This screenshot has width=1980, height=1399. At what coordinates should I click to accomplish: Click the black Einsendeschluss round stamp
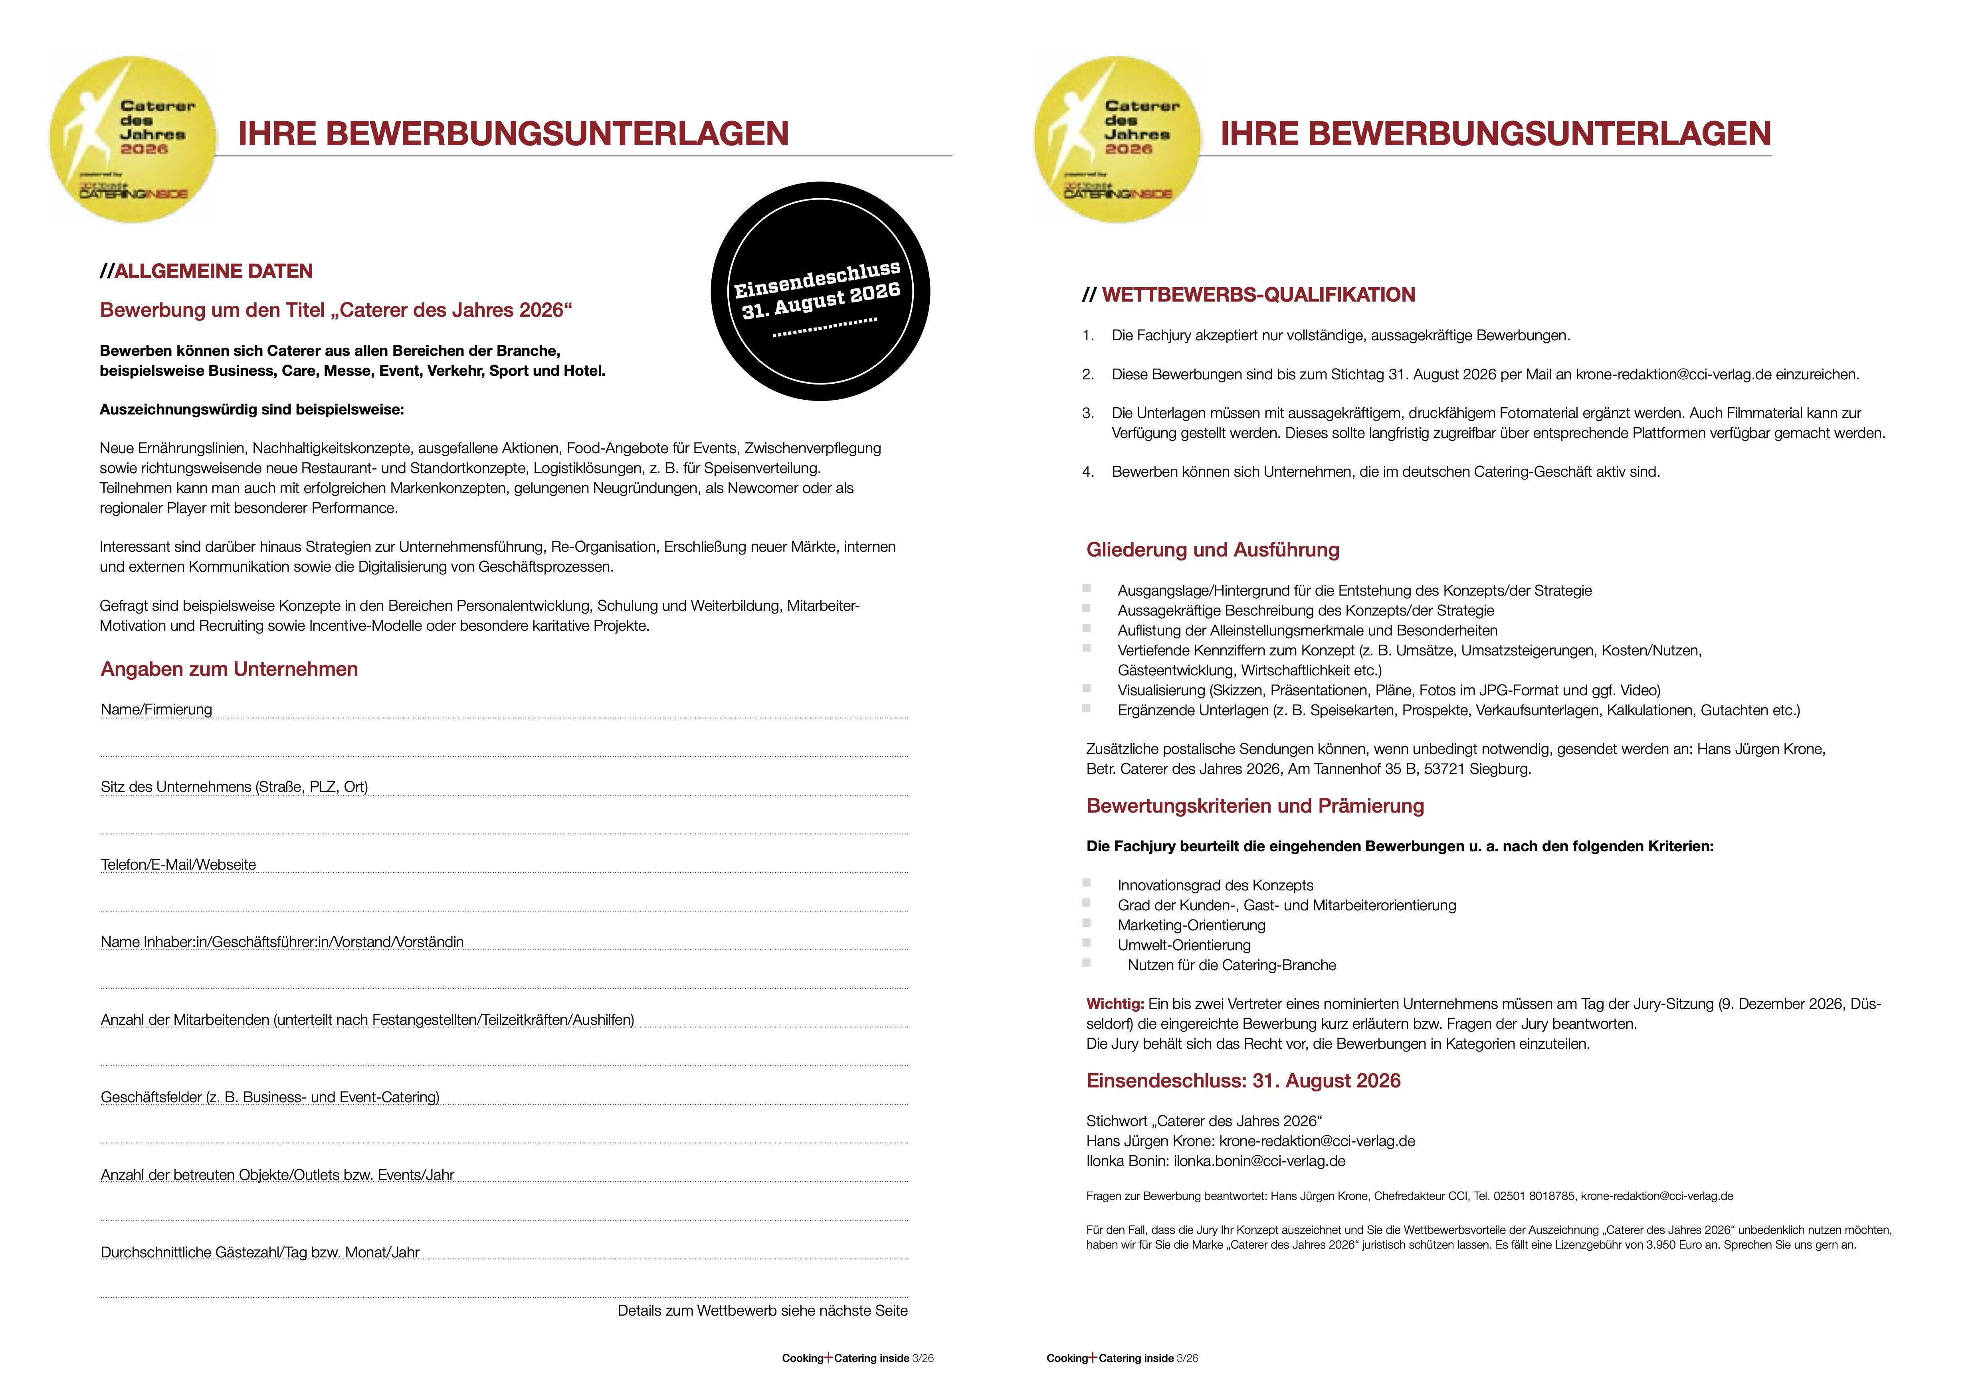(820, 291)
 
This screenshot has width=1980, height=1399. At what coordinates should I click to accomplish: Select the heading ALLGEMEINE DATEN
(213, 272)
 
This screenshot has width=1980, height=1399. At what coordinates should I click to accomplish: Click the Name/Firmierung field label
(156, 709)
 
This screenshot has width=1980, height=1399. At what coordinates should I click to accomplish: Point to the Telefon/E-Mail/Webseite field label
(178, 864)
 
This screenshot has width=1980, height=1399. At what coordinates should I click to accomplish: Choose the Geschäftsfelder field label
(270, 1097)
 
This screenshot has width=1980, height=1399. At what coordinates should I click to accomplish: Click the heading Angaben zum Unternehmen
(230, 669)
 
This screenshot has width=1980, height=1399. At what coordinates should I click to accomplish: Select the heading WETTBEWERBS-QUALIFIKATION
(1258, 295)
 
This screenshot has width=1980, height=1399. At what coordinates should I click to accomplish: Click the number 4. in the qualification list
(1088, 472)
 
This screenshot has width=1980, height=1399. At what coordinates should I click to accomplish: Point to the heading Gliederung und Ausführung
(1212, 550)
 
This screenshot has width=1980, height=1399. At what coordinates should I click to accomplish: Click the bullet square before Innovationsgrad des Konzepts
(1087, 883)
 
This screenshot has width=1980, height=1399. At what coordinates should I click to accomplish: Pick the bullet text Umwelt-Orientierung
(1184, 945)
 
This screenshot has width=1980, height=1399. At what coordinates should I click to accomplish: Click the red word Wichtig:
(1115, 1004)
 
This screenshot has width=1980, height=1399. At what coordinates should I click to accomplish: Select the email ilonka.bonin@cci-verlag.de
(1259, 1161)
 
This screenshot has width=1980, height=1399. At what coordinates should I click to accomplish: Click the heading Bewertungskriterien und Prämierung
(1255, 806)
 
